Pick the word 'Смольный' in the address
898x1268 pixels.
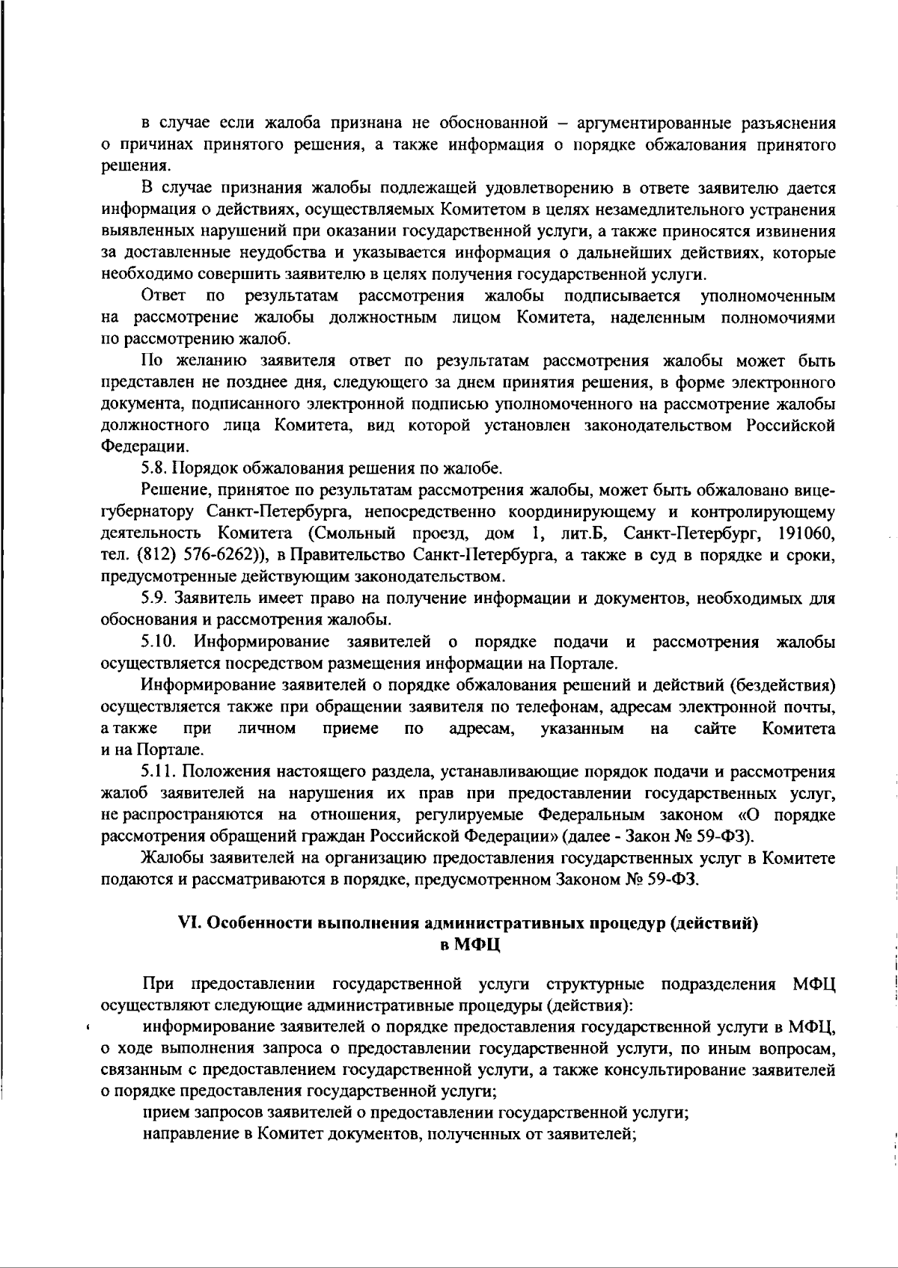coord(347,534)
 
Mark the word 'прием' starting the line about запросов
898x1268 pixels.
coord(161,1112)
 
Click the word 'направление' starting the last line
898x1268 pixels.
coord(186,1134)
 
